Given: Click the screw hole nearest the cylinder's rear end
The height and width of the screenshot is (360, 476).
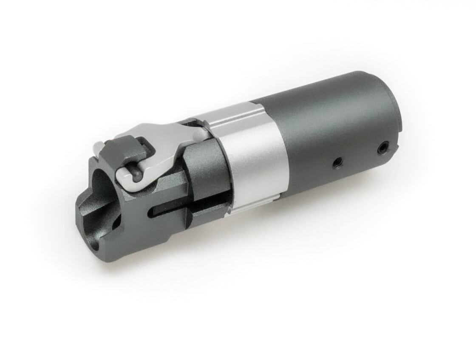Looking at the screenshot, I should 382,148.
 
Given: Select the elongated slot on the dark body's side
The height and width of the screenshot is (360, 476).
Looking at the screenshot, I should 170,208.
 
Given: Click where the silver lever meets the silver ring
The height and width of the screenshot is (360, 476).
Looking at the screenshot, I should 202,134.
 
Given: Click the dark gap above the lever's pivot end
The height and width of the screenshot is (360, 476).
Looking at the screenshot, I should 189,123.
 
